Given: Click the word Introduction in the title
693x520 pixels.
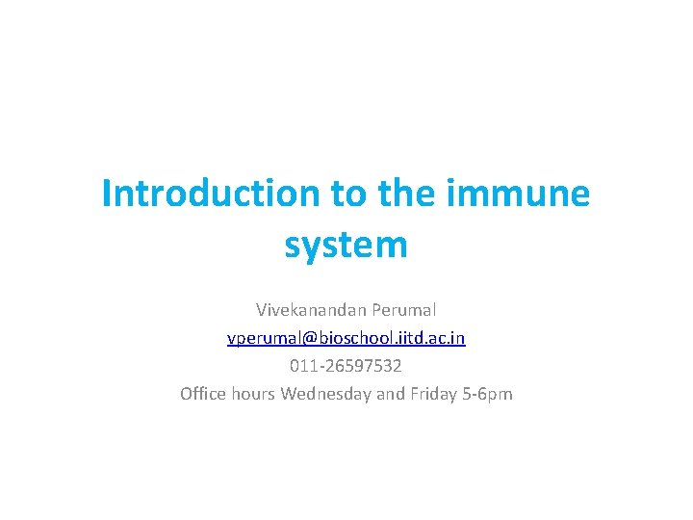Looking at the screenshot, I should pyautogui.click(x=211, y=195).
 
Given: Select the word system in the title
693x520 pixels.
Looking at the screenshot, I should pyautogui.click(x=346, y=245).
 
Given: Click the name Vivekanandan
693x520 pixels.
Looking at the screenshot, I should pyautogui.click(x=308, y=310).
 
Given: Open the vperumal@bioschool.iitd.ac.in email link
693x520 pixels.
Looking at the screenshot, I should pyautogui.click(x=346, y=338).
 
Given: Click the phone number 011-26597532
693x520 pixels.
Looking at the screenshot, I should pyautogui.click(x=346, y=366).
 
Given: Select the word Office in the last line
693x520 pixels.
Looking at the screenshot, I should pyautogui.click(x=203, y=394).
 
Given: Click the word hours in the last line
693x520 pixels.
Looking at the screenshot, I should pyautogui.click(x=254, y=394).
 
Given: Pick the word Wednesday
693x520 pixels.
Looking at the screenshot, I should pyautogui.click(x=325, y=394).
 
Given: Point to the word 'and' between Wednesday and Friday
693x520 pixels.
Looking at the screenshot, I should pyautogui.click(x=390, y=394).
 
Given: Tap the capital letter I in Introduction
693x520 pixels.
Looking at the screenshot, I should pyautogui.click(x=107, y=195).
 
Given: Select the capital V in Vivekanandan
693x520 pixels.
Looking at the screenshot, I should pyautogui.click(x=261, y=310).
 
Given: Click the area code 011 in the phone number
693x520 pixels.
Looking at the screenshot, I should pyautogui.click(x=302, y=366).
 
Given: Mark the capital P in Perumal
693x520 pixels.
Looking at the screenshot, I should pyautogui.click(x=372, y=310).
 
